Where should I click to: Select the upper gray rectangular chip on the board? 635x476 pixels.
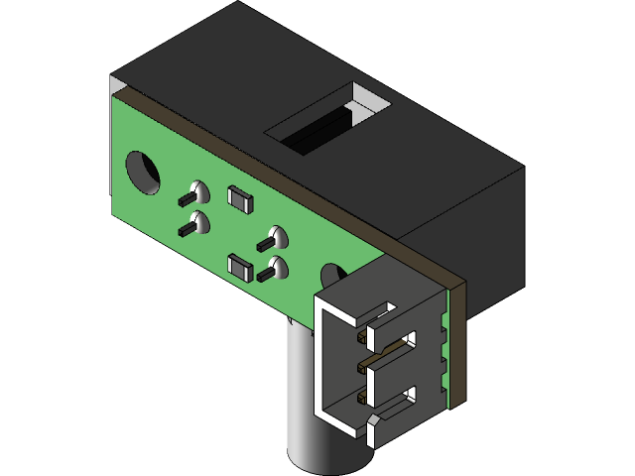(240, 198)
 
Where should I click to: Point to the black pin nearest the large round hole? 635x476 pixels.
(186, 199)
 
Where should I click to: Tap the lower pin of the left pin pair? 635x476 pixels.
(187, 230)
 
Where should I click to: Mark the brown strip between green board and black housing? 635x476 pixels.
(298, 183)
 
